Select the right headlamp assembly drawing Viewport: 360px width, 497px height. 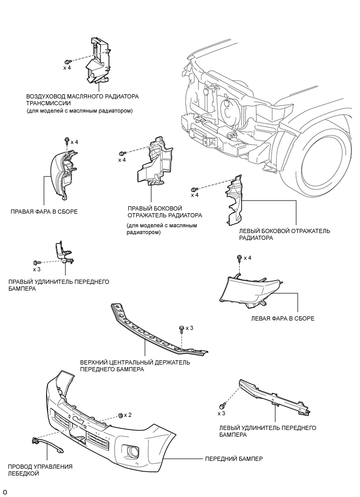(x=62, y=173)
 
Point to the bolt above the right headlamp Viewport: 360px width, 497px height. (x=67, y=141)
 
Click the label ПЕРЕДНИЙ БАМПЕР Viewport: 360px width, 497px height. (x=233, y=458)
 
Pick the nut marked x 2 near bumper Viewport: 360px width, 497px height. (x=120, y=415)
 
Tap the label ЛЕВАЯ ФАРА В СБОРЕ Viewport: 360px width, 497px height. (x=283, y=318)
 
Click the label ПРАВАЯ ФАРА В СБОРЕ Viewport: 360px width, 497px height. (x=44, y=212)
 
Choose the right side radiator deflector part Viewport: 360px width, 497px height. (x=154, y=165)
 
